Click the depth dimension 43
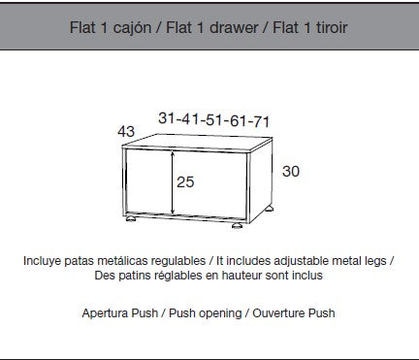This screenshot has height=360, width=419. point(126,131)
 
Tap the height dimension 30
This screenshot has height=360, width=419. point(291,171)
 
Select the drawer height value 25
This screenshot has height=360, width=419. point(185,181)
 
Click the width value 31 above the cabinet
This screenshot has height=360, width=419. point(167,117)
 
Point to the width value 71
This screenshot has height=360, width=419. point(261,121)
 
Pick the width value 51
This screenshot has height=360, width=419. point(213,119)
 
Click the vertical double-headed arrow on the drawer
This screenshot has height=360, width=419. point(173,182)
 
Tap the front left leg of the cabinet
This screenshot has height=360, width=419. point(131,219)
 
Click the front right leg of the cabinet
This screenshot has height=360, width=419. point(238,225)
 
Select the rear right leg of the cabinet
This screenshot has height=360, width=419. point(270,209)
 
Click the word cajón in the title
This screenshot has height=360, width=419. point(132,28)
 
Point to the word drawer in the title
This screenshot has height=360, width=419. point(234,27)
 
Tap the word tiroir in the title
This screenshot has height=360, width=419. point(332,27)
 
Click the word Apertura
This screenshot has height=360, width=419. point(105,313)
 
